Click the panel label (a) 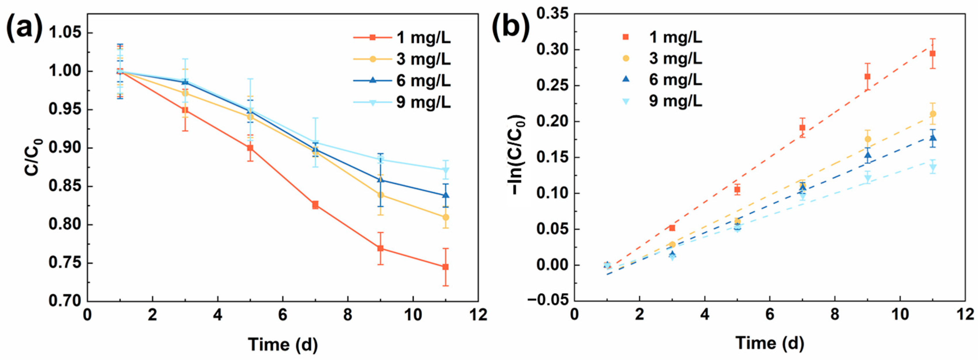pos(25,28)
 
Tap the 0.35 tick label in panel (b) pos(552,14)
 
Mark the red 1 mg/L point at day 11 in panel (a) pos(445,267)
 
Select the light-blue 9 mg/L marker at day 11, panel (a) pos(446,170)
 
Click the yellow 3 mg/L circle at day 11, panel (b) pos(933,114)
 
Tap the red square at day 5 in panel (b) pos(737,189)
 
